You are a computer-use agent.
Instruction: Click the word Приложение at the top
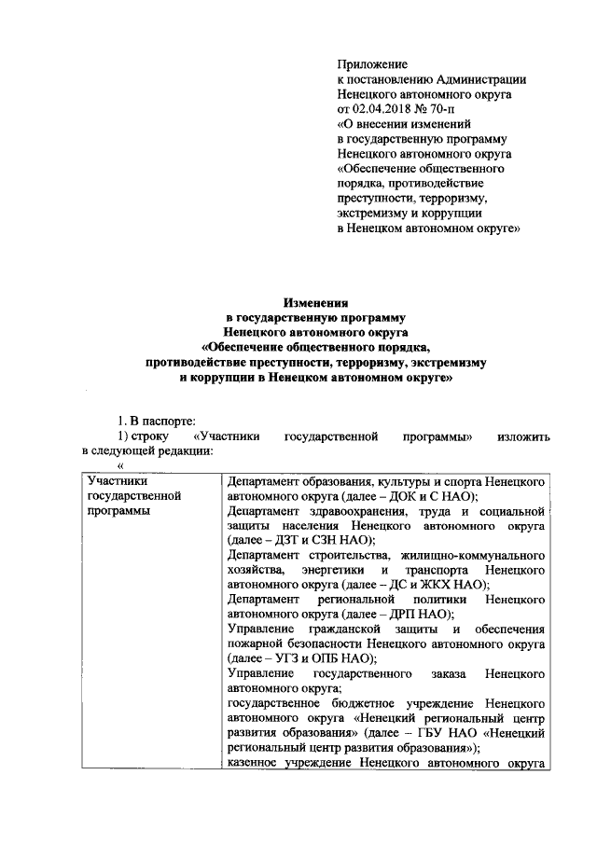372,64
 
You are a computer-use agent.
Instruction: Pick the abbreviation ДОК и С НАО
424,496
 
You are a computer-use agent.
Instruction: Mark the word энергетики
333,569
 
